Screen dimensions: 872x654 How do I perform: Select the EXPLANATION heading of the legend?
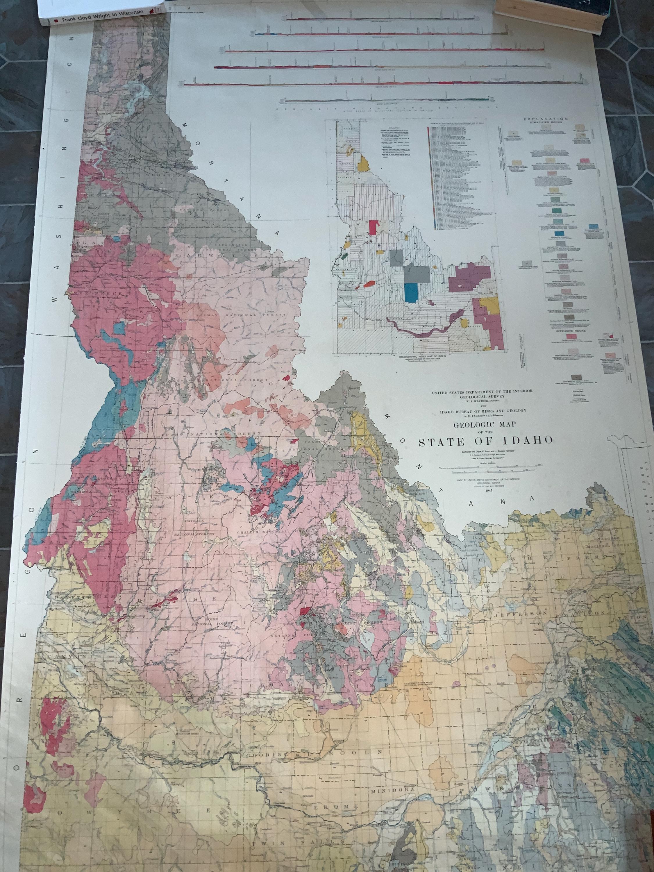coord(545,118)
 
